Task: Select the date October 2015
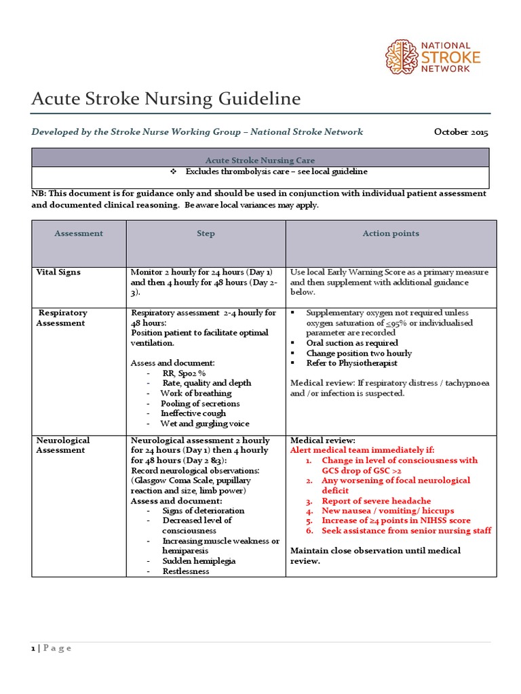click(x=461, y=132)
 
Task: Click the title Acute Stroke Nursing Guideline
click(x=166, y=99)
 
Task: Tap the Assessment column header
click(x=79, y=233)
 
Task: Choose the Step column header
click(x=206, y=233)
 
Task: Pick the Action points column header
click(x=391, y=233)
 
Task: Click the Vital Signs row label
click(x=58, y=272)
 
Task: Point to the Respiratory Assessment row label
click(x=62, y=318)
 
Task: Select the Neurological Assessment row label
click(x=62, y=445)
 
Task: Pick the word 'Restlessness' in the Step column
click(x=186, y=571)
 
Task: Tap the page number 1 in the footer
click(x=33, y=649)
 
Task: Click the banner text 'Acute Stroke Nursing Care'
click(x=261, y=160)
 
